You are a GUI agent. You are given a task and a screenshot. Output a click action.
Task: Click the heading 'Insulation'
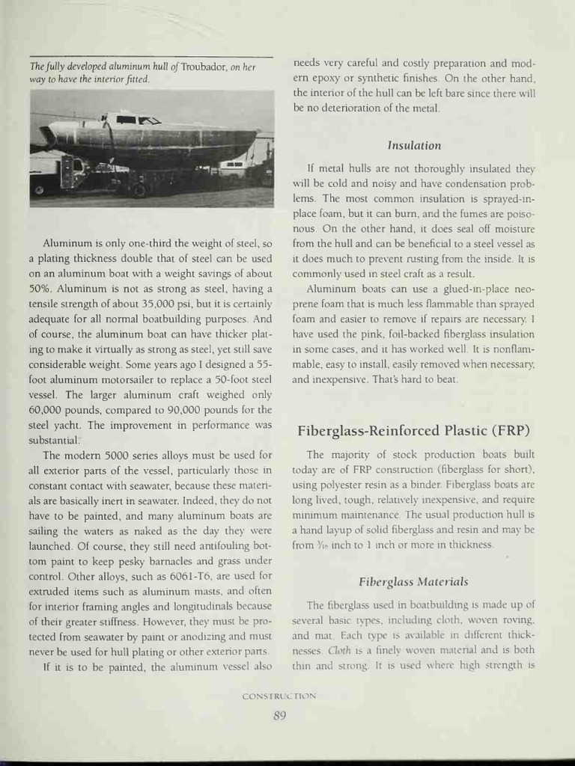(x=413, y=145)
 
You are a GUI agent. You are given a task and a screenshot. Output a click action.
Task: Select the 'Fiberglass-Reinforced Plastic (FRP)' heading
(x=413, y=430)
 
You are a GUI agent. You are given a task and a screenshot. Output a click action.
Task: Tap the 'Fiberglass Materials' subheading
(x=413, y=581)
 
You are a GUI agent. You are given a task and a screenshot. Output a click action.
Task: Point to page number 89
(x=279, y=715)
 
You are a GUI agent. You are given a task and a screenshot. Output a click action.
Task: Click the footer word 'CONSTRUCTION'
(x=279, y=696)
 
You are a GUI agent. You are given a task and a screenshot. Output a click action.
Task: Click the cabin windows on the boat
(x=139, y=120)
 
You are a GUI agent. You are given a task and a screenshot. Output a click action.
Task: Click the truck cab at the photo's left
(x=67, y=171)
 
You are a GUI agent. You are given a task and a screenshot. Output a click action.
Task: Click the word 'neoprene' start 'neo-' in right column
(x=521, y=289)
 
